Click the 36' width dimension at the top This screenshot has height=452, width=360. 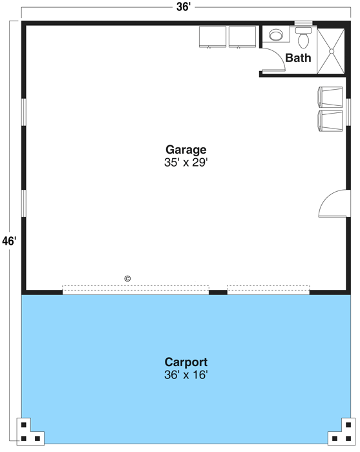(184, 7)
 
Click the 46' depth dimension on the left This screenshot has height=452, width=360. (9, 241)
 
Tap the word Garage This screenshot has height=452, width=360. (186, 150)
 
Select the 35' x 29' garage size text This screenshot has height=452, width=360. (186, 163)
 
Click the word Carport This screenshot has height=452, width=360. (186, 362)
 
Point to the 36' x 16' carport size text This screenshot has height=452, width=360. (186, 375)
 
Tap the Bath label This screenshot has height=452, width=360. (298, 58)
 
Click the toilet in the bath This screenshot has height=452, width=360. (304, 37)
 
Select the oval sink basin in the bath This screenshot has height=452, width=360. (276, 35)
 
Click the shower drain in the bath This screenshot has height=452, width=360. (332, 51)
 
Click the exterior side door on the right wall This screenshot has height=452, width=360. (334, 203)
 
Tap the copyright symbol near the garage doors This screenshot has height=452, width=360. (127, 278)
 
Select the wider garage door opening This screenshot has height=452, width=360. (136, 290)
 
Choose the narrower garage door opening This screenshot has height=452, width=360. (268, 290)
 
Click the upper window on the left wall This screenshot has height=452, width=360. (24, 112)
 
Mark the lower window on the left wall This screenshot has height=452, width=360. (24, 203)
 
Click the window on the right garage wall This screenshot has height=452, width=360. (348, 112)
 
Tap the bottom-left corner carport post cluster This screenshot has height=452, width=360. (30, 431)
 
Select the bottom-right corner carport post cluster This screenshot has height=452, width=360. (341, 431)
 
